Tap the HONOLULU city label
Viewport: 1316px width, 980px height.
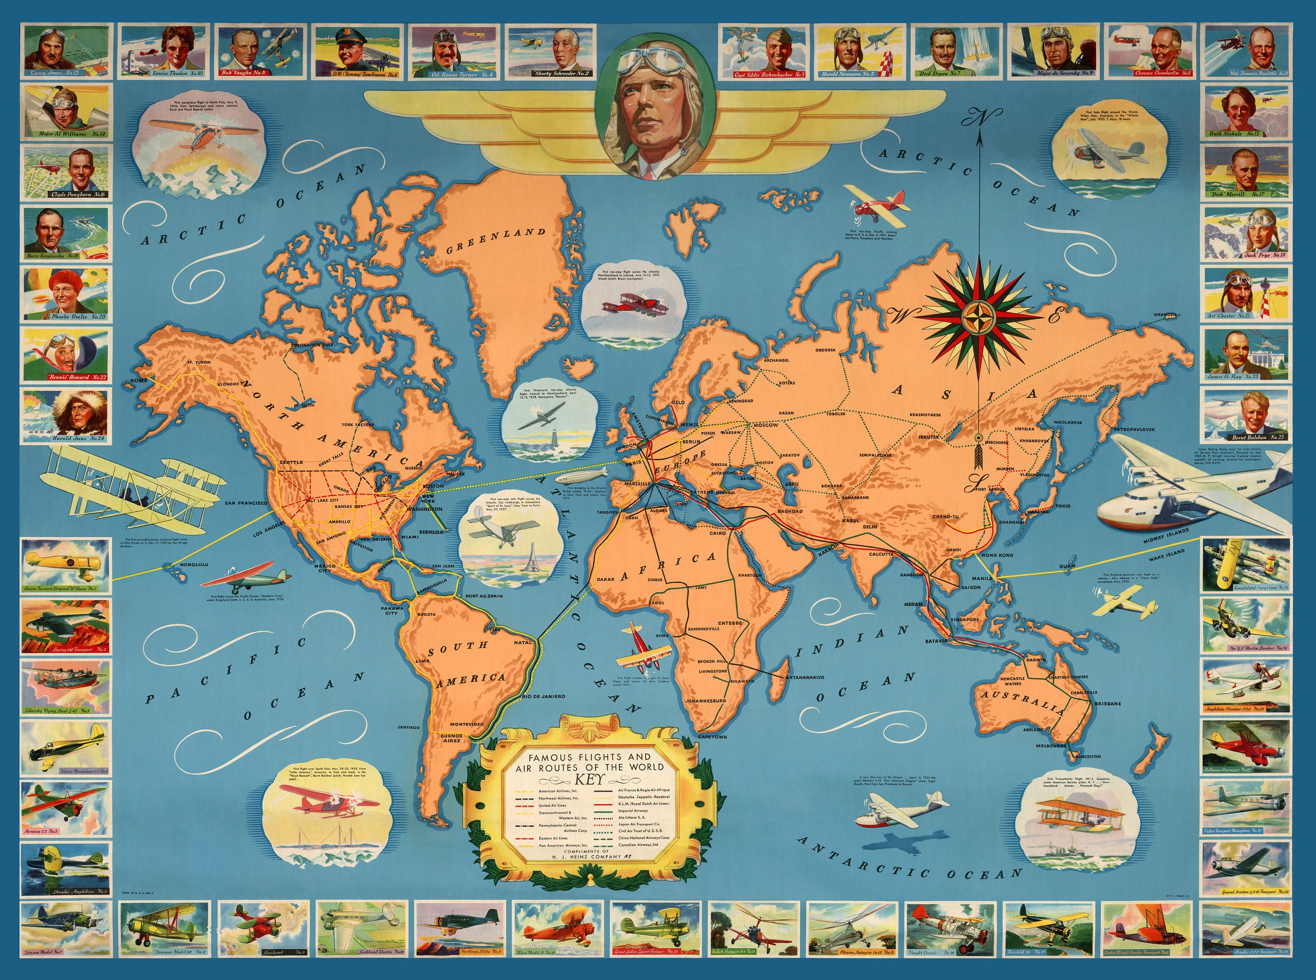[193, 564]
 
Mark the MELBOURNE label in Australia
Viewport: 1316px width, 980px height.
[1051, 745]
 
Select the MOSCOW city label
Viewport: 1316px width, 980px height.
[765, 425]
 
